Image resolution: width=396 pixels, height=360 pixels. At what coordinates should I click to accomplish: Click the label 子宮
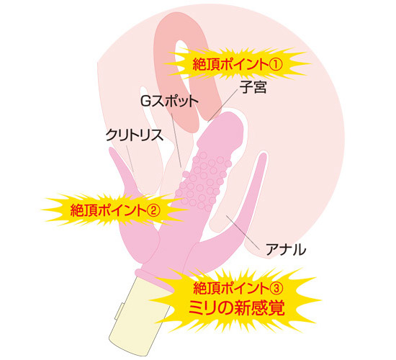253,87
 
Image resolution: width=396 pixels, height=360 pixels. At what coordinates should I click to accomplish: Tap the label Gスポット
169,102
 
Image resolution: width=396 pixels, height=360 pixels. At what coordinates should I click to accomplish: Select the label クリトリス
134,135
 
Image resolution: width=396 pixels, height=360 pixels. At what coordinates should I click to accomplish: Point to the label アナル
286,250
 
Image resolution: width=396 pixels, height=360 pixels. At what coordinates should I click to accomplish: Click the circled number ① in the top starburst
275,65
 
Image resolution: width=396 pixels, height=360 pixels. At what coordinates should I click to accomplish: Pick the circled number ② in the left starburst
153,210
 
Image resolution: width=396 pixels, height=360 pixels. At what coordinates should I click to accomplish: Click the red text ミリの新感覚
237,307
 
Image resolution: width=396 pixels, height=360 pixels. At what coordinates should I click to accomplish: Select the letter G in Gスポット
145,102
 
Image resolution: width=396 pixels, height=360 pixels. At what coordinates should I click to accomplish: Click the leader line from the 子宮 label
223,106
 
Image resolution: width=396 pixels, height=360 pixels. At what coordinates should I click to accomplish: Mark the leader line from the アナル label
243,232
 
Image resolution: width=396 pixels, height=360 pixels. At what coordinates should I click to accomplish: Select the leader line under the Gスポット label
176,140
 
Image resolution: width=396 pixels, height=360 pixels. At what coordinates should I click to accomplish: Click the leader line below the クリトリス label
130,158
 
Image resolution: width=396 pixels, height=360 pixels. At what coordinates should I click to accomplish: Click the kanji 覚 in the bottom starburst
276,307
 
